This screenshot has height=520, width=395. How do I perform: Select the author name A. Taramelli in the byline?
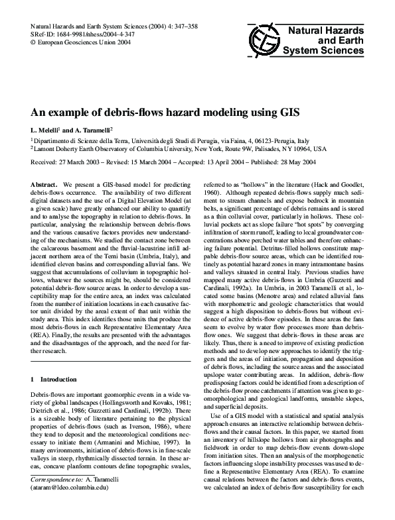93,130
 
